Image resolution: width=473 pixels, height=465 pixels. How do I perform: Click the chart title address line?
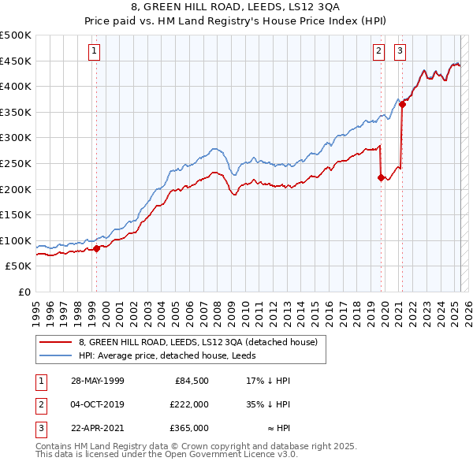pyautogui.click(x=236, y=9)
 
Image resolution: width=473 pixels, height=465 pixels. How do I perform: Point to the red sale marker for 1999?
pyautogui.click(x=97, y=248)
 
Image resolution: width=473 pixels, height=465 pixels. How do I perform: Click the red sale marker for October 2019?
pyautogui.click(x=381, y=178)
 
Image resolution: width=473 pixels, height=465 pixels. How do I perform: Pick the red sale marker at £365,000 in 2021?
pyautogui.click(x=402, y=104)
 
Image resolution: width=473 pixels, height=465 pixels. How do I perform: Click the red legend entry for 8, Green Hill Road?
pyautogui.click(x=197, y=342)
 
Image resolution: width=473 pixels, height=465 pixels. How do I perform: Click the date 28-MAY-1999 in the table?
pyautogui.click(x=97, y=381)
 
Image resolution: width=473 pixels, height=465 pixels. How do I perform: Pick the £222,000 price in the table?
pyautogui.click(x=188, y=404)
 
